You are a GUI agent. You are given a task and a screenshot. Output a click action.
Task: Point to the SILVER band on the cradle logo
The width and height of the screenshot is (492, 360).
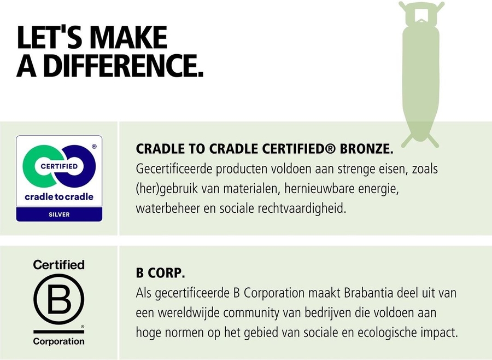(59, 214)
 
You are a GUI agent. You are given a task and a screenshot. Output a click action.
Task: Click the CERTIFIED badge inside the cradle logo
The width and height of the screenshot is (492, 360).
(59, 165)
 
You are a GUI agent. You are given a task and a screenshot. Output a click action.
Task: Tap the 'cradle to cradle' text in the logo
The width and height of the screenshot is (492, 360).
(59, 196)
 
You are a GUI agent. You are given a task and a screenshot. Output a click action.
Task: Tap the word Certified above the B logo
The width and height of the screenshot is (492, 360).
(59, 265)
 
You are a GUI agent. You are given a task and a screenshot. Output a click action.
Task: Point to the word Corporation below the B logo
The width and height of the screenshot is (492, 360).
(59, 341)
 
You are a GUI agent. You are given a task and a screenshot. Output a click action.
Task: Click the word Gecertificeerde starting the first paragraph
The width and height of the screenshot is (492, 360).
(177, 169)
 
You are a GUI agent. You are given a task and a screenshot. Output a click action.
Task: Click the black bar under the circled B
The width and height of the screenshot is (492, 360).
(58, 332)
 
